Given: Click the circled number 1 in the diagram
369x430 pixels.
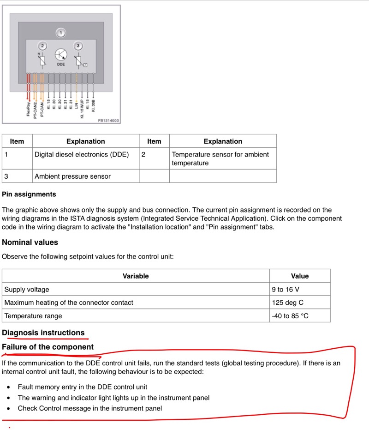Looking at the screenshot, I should click(61, 33).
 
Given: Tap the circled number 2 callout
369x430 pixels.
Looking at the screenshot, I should click(43, 46).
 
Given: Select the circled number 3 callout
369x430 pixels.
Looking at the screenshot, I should click(78, 46).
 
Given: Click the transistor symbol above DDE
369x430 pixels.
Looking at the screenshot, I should click(61, 55).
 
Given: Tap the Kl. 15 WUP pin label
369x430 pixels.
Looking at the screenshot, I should click(82, 109).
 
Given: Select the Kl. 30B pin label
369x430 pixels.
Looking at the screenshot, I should click(94, 106).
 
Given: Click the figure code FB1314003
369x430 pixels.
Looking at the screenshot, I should click(108, 121).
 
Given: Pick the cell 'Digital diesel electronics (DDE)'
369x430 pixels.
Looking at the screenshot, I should click(82, 154).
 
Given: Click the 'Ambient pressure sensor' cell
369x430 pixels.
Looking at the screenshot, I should click(72, 176).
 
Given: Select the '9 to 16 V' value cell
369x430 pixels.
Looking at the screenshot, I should click(286, 290).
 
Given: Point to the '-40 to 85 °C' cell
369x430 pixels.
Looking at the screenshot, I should click(290, 316).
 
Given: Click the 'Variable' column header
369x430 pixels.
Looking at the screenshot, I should click(136, 276).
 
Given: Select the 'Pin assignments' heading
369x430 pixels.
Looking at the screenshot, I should click(29, 194).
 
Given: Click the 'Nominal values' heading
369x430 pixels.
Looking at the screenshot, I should click(30, 242).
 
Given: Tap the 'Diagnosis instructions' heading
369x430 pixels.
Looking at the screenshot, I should click(43, 333).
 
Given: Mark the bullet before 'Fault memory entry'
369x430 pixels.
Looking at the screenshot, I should click(8, 387).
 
